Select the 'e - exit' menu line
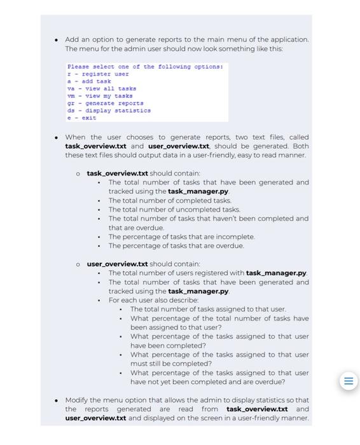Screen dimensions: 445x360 click(81, 118)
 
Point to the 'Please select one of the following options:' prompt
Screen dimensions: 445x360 click(145, 67)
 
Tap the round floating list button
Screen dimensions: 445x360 click(348, 381)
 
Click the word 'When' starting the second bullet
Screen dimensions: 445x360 click(75, 137)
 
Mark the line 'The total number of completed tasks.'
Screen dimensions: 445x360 click(170, 200)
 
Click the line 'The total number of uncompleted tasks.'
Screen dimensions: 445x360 click(174, 209)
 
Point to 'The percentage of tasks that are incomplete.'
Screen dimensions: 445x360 click(181, 236)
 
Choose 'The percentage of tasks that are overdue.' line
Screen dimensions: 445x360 click(176, 245)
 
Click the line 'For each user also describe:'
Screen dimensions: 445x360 click(153, 300)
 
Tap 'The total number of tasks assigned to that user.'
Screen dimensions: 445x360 click(208, 309)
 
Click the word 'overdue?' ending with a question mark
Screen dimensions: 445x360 click(270, 382)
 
